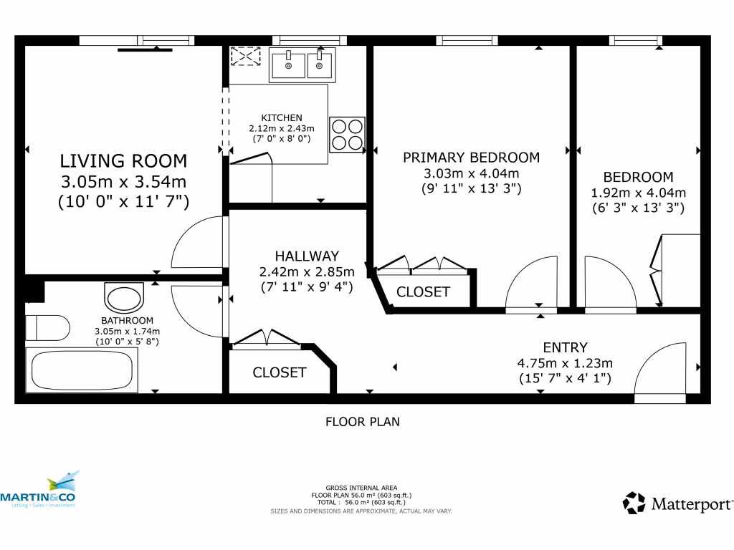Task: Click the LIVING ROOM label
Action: (x=123, y=160)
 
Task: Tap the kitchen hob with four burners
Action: (x=347, y=134)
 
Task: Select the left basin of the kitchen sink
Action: (x=288, y=65)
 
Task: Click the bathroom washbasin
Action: (x=124, y=296)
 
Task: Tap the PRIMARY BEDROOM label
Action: (x=471, y=158)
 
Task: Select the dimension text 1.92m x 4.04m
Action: (x=638, y=193)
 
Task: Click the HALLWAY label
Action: (x=307, y=256)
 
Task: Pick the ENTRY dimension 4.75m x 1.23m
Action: (x=565, y=363)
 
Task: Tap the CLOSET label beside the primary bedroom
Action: (x=423, y=292)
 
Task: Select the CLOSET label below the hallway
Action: (x=280, y=372)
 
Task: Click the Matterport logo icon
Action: (x=634, y=503)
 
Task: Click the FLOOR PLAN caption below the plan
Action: (x=363, y=422)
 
